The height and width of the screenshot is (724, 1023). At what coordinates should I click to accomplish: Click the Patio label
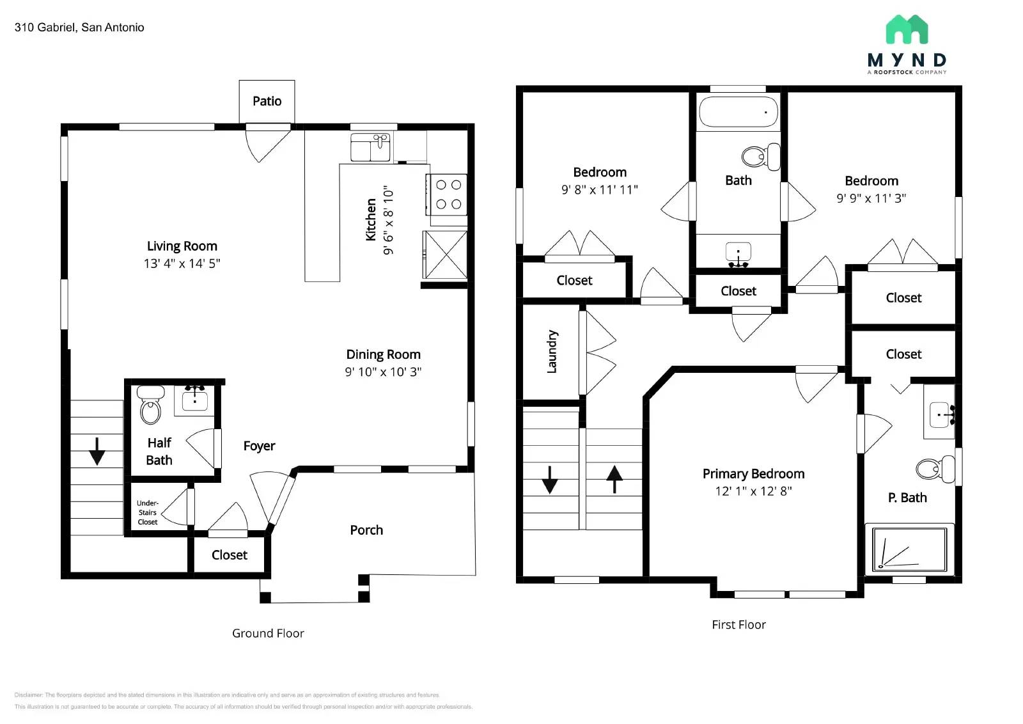pos(267,101)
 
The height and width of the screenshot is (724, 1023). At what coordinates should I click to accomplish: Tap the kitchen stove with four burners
pos(448,194)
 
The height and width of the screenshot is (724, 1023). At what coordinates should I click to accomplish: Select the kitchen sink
pos(371,148)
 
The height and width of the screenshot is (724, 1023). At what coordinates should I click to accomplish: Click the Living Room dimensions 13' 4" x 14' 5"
pos(182,264)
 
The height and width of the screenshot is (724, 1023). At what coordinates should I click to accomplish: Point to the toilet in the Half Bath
pos(151,407)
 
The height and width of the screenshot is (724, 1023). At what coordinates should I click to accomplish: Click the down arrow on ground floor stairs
pos(97,451)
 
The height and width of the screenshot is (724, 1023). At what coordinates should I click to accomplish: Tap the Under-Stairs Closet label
pos(148,512)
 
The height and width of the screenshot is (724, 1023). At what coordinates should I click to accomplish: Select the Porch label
pos(366,530)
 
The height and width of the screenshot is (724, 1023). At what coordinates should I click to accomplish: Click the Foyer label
pos(259,446)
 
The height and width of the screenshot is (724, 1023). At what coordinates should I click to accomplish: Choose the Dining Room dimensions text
pos(383,372)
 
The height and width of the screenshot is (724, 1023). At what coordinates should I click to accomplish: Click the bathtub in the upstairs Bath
pos(738,112)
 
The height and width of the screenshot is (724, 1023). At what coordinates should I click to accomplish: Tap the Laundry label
pos(552,352)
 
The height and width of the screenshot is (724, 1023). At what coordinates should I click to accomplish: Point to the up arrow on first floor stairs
pos(614,479)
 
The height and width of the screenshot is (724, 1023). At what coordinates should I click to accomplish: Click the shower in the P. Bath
pos(909,549)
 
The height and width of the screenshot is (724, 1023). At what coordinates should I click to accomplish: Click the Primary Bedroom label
pos(753,474)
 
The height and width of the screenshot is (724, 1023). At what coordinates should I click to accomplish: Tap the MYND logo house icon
pos(907,29)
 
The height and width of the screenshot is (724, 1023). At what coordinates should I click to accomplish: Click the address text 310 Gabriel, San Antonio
pos(79,28)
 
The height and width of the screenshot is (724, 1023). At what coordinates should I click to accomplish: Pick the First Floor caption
pos(738,625)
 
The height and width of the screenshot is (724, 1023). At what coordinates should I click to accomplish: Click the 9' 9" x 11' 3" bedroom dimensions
pos(871,198)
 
